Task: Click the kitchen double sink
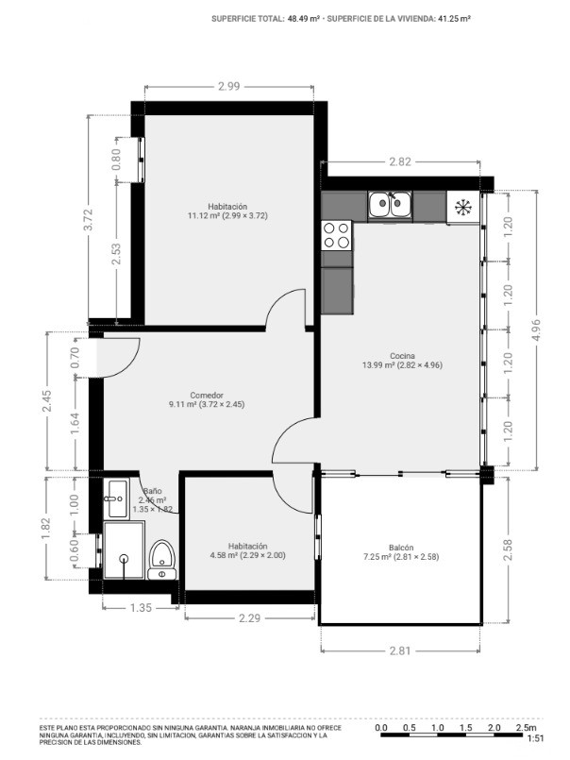390,204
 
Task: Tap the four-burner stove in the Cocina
337,236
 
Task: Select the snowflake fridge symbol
463,208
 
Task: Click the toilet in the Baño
162,560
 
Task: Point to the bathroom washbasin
118,498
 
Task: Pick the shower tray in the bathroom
124,550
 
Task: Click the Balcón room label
401,548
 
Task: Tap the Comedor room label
207,395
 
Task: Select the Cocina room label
402,356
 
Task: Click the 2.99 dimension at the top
228,87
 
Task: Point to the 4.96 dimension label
536,329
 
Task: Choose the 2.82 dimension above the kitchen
400,161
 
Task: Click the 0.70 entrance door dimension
75,358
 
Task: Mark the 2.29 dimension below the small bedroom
250,618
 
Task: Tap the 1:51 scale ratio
535,738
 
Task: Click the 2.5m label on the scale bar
526,728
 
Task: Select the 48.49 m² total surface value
304,19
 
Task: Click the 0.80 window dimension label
116,160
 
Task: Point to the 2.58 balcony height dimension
508,550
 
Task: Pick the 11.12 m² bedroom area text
204,215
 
